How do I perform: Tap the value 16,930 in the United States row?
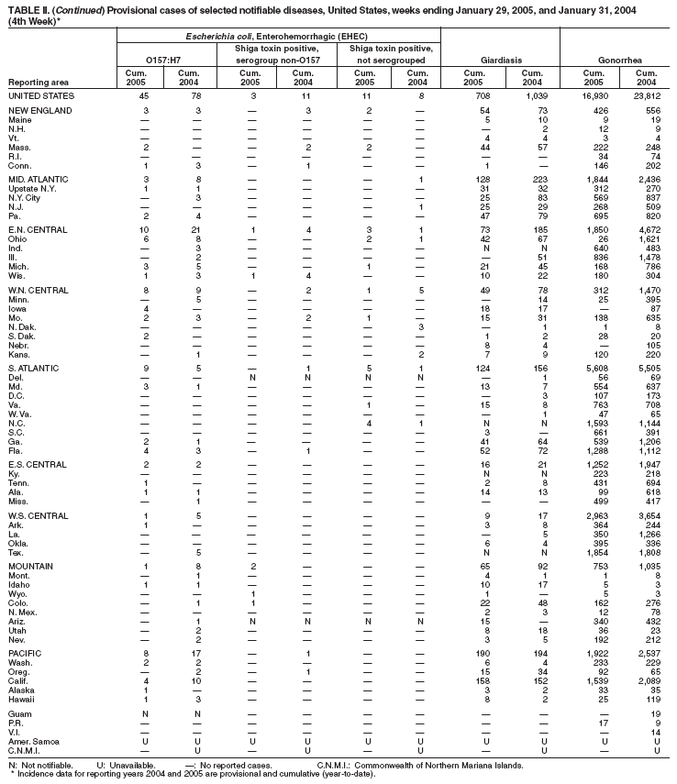pyautogui.click(x=599, y=95)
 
